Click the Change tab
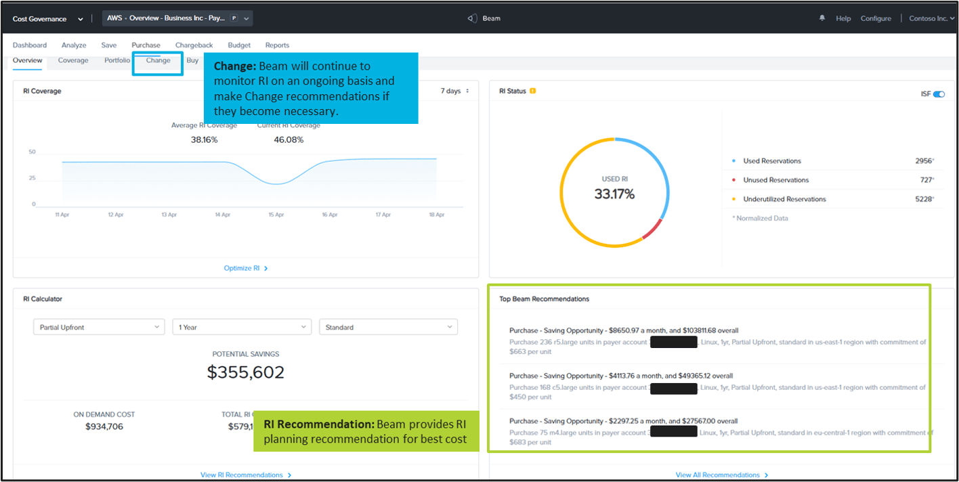[158, 60]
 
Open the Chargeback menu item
[194, 45]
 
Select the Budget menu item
[239, 45]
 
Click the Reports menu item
[277, 45]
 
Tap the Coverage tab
[73, 60]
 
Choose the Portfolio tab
[117, 60]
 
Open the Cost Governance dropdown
[47, 19]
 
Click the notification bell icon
[822, 18]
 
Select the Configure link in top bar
[876, 18]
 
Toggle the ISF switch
[939, 94]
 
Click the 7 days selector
[454, 91]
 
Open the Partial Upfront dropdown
[99, 327]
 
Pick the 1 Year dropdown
[242, 327]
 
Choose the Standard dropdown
[388, 327]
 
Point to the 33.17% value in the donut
[614, 194]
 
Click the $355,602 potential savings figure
[246, 372]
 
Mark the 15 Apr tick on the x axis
[276, 215]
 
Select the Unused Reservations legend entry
[775, 180]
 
